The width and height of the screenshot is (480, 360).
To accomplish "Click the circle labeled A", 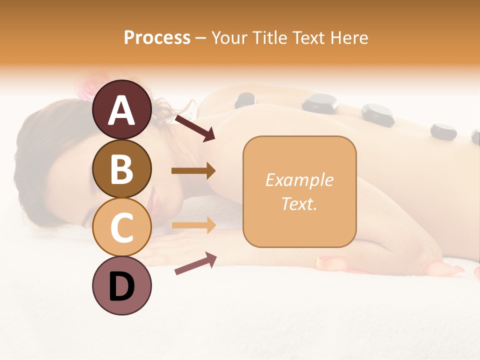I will tap(121, 111).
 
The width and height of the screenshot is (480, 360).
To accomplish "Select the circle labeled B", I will tap(121, 169).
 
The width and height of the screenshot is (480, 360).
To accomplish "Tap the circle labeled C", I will tap(121, 227).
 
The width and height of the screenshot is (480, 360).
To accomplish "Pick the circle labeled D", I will tap(121, 285).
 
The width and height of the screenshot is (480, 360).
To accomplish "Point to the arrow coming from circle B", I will tap(193, 171).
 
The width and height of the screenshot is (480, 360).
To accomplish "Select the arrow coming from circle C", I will tap(193, 225).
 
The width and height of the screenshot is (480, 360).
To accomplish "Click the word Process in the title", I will tap(157, 37).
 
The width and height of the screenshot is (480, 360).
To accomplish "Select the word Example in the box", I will tap(299, 180).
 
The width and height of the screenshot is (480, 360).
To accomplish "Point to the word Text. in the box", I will tap(299, 203).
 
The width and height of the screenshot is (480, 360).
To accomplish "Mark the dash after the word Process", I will tap(201, 38).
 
